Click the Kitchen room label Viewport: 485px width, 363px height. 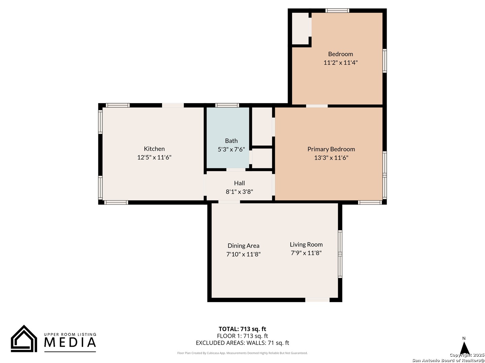[x=154, y=149]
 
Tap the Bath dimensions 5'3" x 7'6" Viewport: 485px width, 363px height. [x=231, y=150]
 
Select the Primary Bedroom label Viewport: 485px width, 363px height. [x=331, y=149]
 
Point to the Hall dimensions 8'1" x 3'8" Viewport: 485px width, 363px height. [x=239, y=192]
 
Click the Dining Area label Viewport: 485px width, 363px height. [x=243, y=245]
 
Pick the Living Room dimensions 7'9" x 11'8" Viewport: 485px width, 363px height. [x=306, y=253]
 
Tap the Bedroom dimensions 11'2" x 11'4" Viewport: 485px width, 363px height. [x=341, y=63]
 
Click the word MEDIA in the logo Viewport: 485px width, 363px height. [x=70, y=342]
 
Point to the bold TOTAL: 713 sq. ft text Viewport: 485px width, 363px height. [x=242, y=329]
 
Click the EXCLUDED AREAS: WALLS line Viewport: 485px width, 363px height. [x=242, y=343]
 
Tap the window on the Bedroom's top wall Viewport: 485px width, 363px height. [x=337, y=10]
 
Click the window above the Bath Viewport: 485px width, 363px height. [x=227, y=105]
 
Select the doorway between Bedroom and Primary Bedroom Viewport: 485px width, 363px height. [x=317, y=106]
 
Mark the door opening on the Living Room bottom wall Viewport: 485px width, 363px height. [x=317, y=300]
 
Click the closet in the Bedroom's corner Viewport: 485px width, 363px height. [x=300, y=29]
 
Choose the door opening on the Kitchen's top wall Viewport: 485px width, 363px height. [x=173, y=105]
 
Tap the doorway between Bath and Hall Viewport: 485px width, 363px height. [x=236, y=170]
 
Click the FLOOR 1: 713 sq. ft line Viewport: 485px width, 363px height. [x=242, y=336]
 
